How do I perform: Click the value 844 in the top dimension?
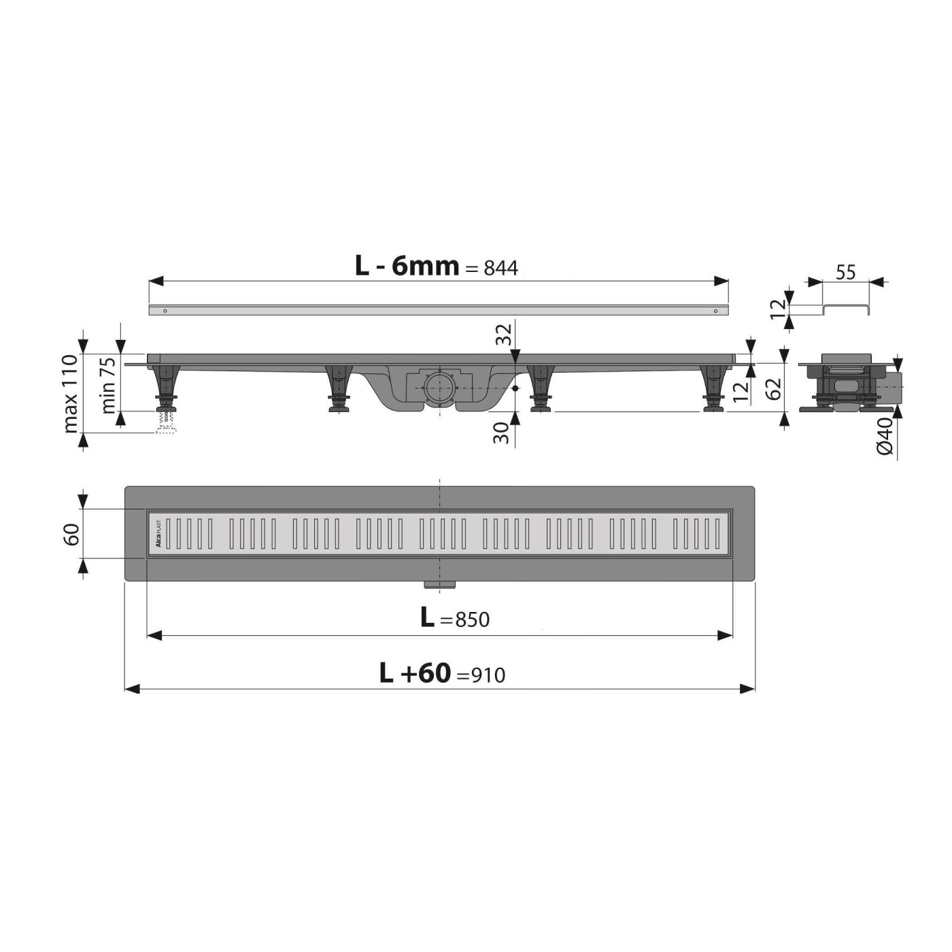point(500,269)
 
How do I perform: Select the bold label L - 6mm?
point(407,266)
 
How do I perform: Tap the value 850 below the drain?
point(473,619)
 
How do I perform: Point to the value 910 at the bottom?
point(488,675)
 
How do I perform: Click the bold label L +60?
point(415,673)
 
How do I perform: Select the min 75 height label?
point(108,386)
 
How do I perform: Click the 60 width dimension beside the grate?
point(71,534)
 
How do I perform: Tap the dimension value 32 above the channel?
point(503,335)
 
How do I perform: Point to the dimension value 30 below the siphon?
point(502,432)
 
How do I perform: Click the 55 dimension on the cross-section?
point(845,273)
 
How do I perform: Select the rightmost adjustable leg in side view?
point(713,388)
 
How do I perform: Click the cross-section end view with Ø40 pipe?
point(850,384)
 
